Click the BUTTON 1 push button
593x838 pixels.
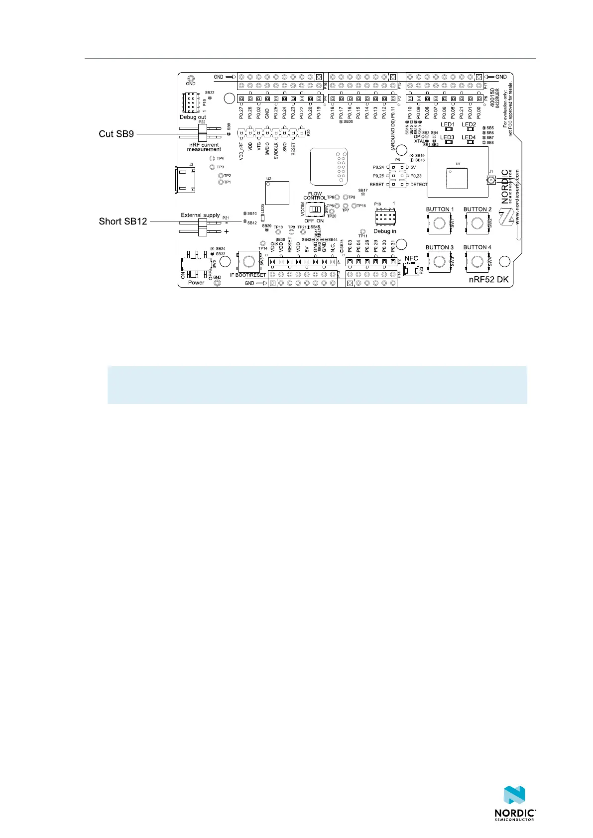(x=439, y=223)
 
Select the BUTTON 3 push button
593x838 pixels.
(x=439, y=261)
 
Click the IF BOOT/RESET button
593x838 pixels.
(x=247, y=261)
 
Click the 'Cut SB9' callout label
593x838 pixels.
(x=116, y=134)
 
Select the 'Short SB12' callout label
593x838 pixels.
(x=123, y=221)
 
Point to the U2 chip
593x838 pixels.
(x=277, y=193)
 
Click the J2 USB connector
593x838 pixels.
(x=185, y=180)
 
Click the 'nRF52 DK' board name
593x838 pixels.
(x=489, y=280)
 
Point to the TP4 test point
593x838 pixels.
(x=213, y=159)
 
